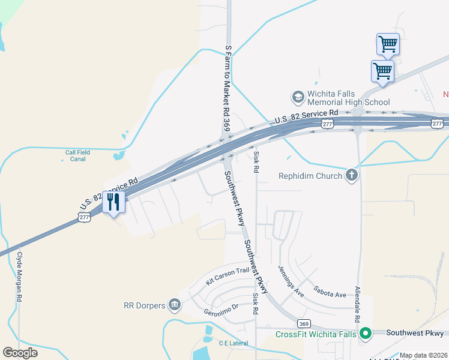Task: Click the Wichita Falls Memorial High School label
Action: click(x=348, y=98)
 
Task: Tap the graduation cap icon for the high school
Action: click(x=297, y=96)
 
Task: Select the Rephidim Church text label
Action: click(x=310, y=176)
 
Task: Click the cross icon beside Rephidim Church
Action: click(x=352, y=175)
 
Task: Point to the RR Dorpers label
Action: click(x=144, y=305)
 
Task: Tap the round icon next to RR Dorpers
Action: click(x=175, y=305)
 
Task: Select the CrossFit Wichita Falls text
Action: click(x=316, y=334)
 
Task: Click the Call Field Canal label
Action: click(x=78, y=156)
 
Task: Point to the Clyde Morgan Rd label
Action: click(x=20, y=276)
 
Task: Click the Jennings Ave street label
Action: click(x=291, y=280)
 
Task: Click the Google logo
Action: click(x=20, y=353)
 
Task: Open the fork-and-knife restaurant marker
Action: click(x=113, y=202)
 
